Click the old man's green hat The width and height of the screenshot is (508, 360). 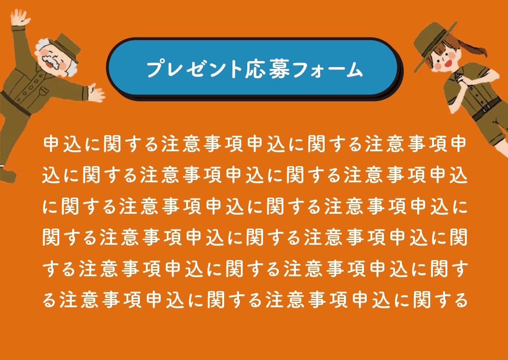66,46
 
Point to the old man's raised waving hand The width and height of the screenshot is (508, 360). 19,18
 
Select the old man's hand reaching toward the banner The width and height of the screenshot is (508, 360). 96,93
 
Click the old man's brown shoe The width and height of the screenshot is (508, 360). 7,174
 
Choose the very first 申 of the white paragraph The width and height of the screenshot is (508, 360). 52,143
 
